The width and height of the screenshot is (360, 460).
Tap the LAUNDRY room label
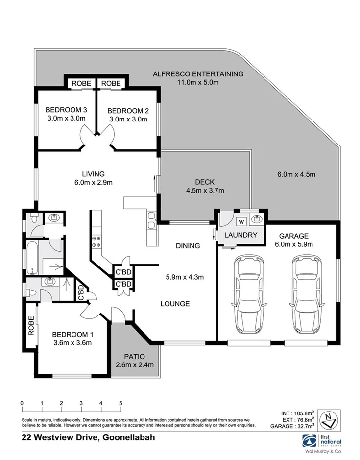(x=240, y=235)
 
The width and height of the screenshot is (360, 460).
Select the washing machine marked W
(x=241, y=221)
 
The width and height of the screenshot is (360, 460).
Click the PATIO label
(x=135, y=356)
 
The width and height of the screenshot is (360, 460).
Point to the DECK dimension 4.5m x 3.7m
(x=205, y=191)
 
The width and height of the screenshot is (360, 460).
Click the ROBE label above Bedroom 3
(x=81, y=84)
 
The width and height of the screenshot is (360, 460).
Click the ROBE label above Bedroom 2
(x=111, y=84)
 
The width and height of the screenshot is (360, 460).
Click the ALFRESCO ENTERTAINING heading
(x=198, y=74)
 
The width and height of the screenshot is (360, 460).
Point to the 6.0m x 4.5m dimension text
(x=296, y=174)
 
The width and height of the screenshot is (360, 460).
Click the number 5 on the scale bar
(x=120, y=403)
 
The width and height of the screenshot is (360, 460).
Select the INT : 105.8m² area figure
(x=292, y=413)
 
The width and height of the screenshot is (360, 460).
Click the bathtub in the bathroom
(x=32, y=257)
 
